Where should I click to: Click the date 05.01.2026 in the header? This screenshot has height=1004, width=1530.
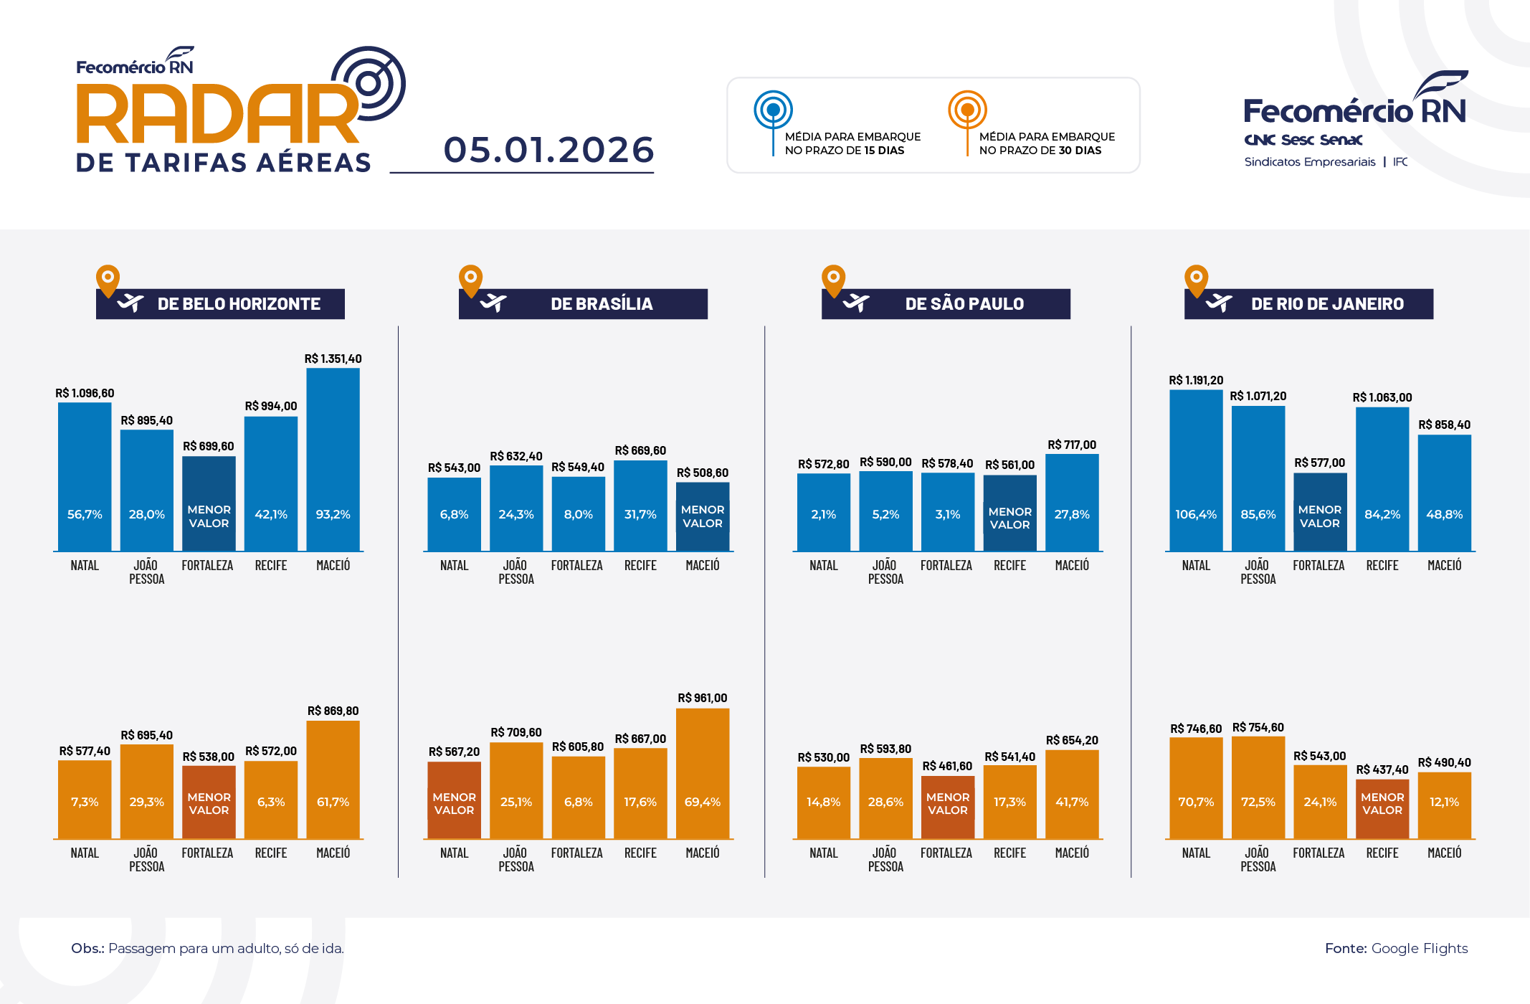(x=548, y=150)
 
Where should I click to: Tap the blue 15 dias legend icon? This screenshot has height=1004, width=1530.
(x=773, y=110)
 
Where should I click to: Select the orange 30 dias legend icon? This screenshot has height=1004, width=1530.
(x=967, y=110)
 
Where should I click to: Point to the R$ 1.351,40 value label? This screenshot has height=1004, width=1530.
(x=333, y=359)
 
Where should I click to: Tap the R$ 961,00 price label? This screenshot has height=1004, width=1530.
(x=702, y=698)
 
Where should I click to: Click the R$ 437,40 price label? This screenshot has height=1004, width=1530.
(x=1382, y=769)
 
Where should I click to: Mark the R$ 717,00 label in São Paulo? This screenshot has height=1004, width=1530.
(x=1071, y=445)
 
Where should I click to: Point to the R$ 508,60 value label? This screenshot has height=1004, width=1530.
(x=702, y=473)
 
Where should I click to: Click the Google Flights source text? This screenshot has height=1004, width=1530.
(x=1419, y=948)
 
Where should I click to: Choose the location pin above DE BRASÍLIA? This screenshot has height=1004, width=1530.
(x=470, y=280)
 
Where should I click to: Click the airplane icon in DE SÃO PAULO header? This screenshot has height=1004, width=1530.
(x=856, y=303)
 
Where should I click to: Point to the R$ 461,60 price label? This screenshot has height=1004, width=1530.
(x=946, y=766)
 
